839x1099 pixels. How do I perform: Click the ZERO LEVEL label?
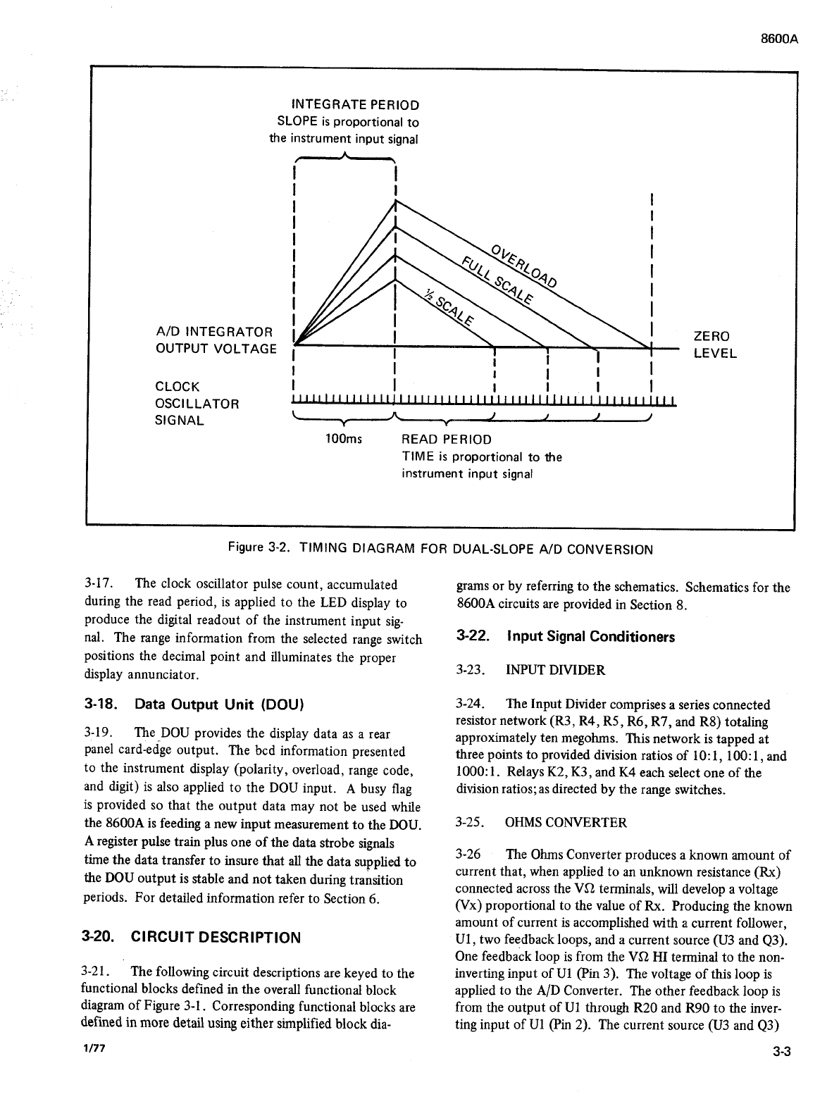click(714, 344)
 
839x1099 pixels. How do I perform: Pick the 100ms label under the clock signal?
click(343, 440)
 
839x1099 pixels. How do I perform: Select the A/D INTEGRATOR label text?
click(213, 332)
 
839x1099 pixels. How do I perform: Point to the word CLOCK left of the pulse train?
click(178, 387)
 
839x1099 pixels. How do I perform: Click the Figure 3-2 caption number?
click(255, 549)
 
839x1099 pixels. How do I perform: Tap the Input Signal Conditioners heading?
click(566, 637)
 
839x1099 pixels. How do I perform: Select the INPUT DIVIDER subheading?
click(555, 670)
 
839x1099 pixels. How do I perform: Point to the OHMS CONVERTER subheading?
click(566, 822)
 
